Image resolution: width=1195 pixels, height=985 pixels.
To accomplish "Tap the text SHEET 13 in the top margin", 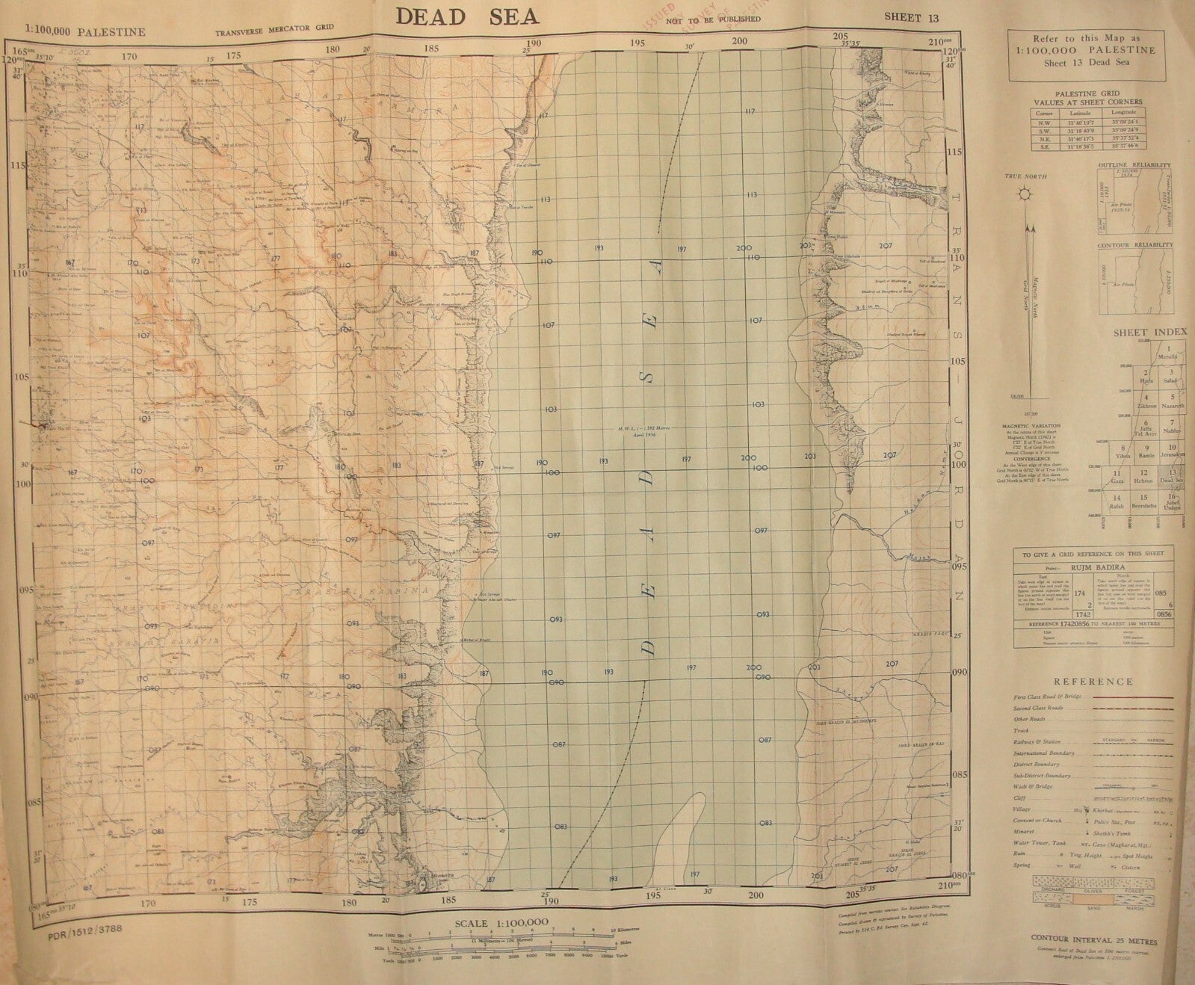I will pyautogui.click(x=911, y=17).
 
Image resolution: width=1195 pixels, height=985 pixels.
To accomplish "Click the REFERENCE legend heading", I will pyautogui.click(x=1093, y=682).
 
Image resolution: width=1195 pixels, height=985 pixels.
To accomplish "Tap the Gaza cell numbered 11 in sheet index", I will pyautogui.click(x=1117, y=478).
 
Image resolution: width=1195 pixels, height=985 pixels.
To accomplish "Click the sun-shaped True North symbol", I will pyautogui.click(x=1026, y=195).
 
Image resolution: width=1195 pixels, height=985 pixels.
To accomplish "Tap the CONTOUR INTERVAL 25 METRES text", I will pyautogui.click(x=1093, y=937).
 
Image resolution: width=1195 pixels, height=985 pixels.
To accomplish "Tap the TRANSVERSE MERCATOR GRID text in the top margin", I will pyautogui.click(x=274, y=32).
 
